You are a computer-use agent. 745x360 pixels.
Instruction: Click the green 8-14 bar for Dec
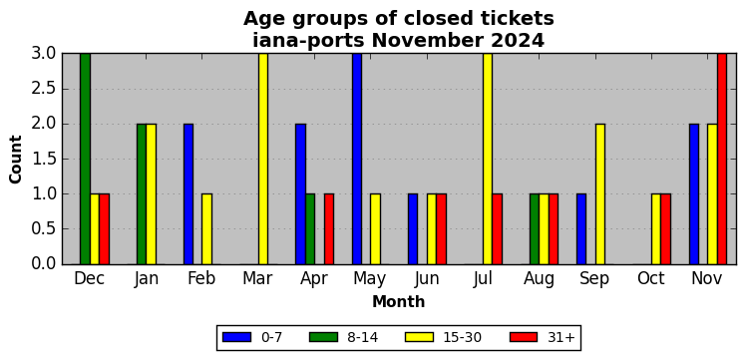[x=85, y=159]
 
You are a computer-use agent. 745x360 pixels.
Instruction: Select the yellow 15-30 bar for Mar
[x=263, y=159]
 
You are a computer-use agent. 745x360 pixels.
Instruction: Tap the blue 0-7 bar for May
[x=357, y=159]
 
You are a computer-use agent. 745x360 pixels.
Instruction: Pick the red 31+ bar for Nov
[x=722, y=159]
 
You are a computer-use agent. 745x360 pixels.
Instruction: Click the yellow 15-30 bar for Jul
[x=488, y=159]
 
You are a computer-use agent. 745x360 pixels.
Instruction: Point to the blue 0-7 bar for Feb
[x=188, y=193]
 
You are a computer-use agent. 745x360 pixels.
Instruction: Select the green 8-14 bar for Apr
[x=310, y=229]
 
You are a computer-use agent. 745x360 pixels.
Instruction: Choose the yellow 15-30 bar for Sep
[x=600, y=193]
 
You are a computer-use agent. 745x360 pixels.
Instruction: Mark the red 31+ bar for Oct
[x=665, y=229]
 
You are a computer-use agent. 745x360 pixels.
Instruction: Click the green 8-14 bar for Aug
[x=535, y=229]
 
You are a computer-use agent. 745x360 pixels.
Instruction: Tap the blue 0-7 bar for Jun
[x=413, y=229]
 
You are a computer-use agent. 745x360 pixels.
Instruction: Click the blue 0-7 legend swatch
[x=236, y=337]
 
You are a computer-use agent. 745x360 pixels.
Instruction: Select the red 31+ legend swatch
[x=524, y=337]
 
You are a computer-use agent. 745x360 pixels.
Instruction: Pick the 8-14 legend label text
[x=361, y=337]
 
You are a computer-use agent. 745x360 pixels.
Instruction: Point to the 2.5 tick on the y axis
[x=63, y=89]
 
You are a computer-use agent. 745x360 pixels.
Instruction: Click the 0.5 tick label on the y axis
[x=44, y=229]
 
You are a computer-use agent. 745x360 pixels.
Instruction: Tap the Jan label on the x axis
[x=146, y=279]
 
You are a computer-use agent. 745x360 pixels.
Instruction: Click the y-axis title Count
[x=16, y=160]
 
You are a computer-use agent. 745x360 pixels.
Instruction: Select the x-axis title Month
[x=399, y=301]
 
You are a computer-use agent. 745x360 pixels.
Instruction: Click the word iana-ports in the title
[x=308, y=41]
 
